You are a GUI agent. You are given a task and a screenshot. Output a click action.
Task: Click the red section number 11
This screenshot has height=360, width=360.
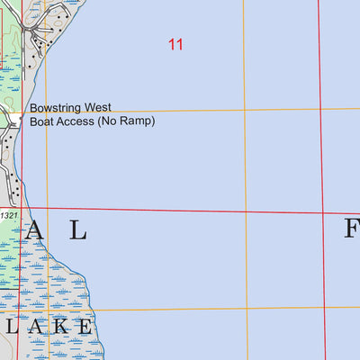(x=175, y=43)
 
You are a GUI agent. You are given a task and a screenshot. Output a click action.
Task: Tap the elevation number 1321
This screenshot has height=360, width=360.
(x=9, y=216)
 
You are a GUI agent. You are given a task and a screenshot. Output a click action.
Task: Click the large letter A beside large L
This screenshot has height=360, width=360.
(x=35, y=231)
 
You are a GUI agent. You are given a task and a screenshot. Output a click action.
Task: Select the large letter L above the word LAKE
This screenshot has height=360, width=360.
(x=78, y=231)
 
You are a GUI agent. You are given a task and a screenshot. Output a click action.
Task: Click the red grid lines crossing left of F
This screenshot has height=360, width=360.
(x=322, y=213)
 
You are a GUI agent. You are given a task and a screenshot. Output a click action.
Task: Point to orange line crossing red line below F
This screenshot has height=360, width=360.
(x=325, y=309)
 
